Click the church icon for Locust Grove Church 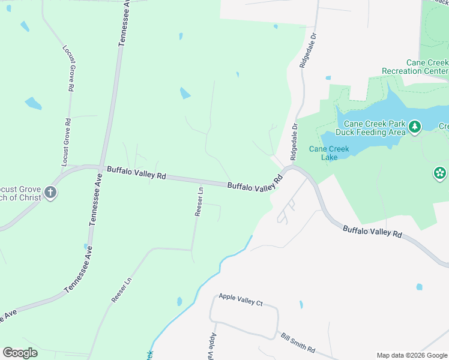coord(50,193)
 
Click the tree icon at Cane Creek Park coord(415,127)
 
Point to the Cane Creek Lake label coord(323,153)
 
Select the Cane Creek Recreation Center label coord(415,67)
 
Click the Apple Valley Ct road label coord(241,299)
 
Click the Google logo coord(20,353)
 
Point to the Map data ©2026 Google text coord(412,355)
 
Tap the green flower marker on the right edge coord(440,174)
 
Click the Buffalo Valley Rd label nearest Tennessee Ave coord(136,173)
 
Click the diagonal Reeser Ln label coord(121,289)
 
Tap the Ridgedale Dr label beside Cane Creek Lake coord(294,142)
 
